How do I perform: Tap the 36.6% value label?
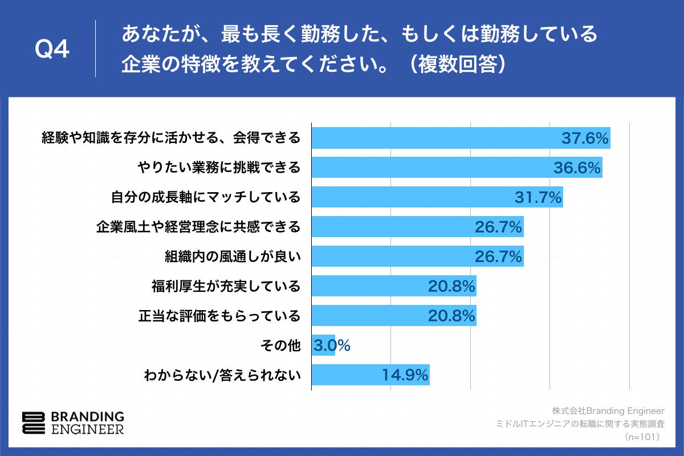[x=577, y=168]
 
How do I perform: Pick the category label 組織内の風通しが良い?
[x=232, y=256]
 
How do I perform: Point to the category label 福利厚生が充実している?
[x=225, y=286]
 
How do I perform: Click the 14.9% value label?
[x=404, y=375]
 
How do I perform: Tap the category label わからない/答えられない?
[x=222, y=375]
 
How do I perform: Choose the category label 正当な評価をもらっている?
[x=219, y=316]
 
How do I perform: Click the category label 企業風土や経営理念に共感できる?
[x=198, y=227]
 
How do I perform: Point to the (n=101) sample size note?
[x=642, y=437]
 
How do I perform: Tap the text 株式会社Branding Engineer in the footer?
[x=608, y=410]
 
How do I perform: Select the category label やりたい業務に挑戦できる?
[x=219, y=168]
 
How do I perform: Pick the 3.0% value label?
[x=331, y=345]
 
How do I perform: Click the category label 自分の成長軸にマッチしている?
[x=205, y=197]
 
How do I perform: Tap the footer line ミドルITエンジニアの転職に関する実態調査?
[x=581, y=424]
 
